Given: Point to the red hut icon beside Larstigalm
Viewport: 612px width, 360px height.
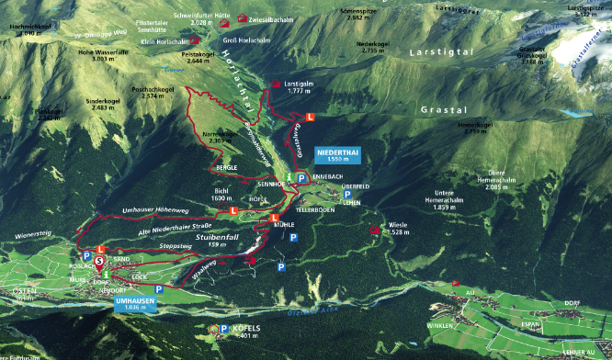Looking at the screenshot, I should pyautogui.click(x=278, y=83).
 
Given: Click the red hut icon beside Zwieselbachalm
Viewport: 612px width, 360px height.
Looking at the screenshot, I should pyautogui.click(x=242, y=17).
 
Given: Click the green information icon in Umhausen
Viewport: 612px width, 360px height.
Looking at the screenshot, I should pyautogui.click(x=107, y=274).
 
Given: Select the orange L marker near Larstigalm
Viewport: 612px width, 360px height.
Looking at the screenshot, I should pyautogui.click(x=310, y=117).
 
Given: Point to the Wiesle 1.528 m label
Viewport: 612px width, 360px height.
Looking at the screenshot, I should pyautogui.click(x=399, y=228).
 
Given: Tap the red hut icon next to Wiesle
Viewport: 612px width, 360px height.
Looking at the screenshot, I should pyautogui.click(x=374, y=231).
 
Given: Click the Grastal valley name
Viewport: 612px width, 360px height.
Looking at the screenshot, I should pyautogui.click(x=440, y=108).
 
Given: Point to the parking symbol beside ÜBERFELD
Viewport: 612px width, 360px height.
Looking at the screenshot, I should pyautogui.click(x=347, y=194).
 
